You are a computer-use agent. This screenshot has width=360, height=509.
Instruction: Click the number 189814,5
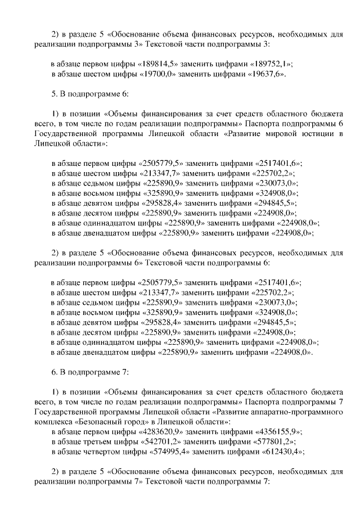pos(156,64)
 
